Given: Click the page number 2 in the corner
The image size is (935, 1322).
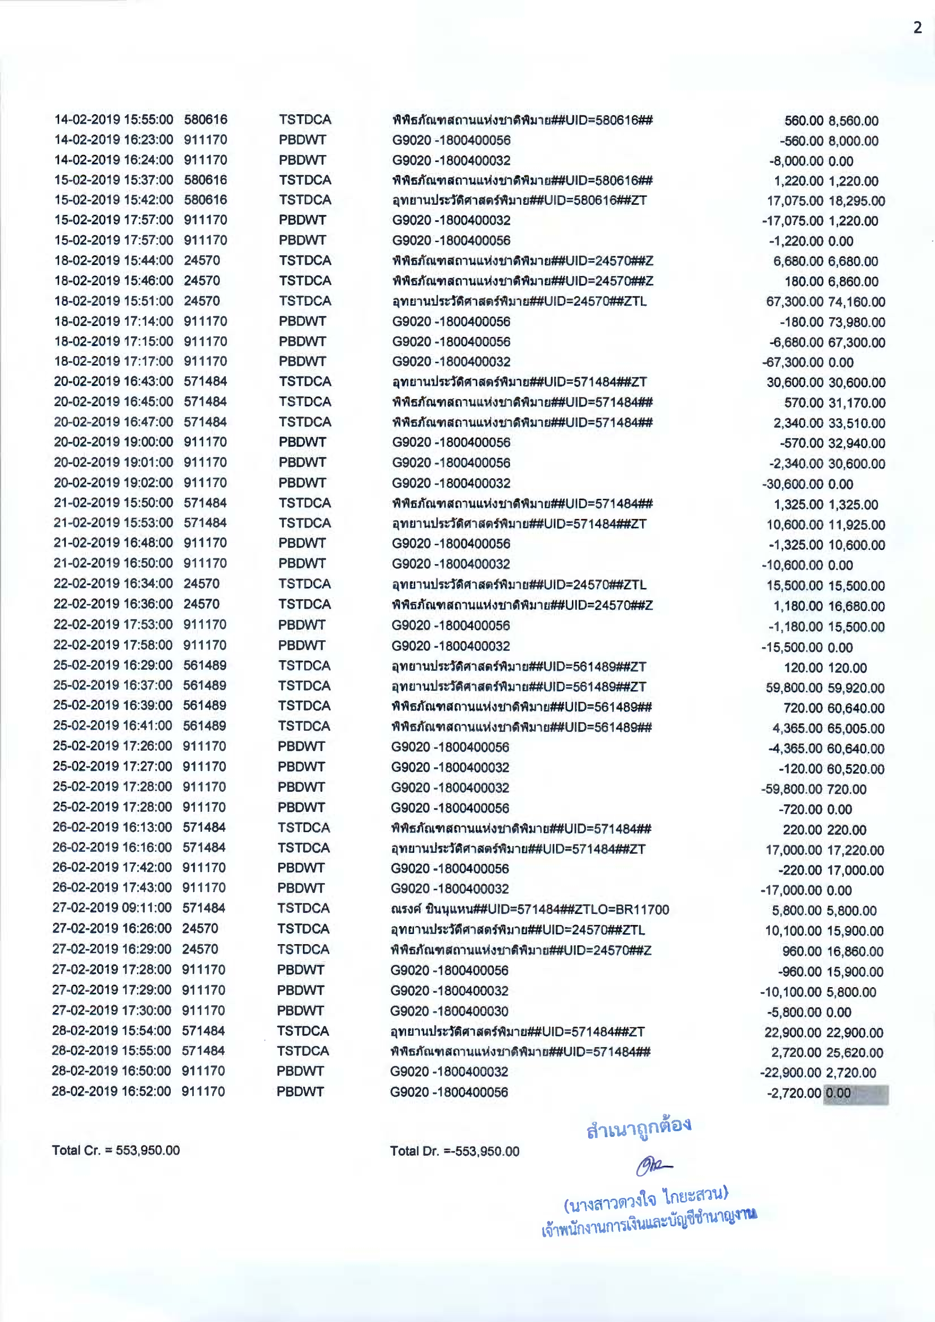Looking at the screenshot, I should [x=917, y=28].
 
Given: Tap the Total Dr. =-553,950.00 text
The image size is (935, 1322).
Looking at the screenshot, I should [x=454, y=1150].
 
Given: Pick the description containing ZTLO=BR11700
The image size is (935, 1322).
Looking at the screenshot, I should [x=530, y=910].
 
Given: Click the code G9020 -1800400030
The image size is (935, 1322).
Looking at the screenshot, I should [x=449, y=1011].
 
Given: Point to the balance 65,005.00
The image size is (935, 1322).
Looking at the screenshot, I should [x=855, y=728].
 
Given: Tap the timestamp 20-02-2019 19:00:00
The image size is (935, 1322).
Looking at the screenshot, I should [x=113, y=442].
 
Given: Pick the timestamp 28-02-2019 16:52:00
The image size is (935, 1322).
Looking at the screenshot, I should [x=111, y=1091].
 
